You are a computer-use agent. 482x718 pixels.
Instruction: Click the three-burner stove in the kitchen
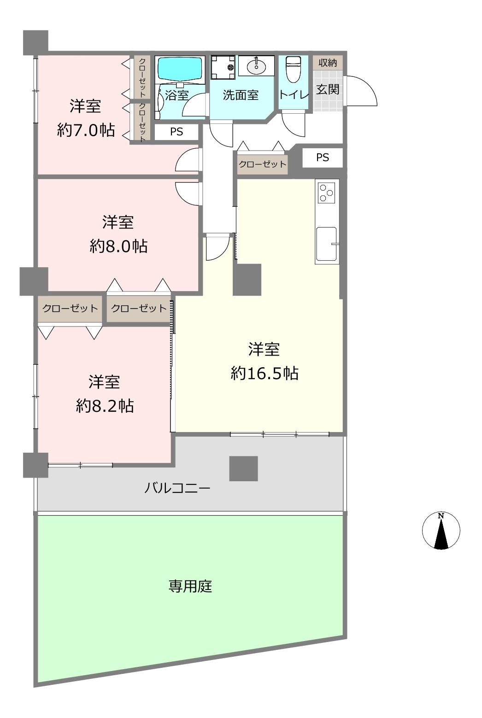pos(326,193)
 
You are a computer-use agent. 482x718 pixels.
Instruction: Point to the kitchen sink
pos(327,244)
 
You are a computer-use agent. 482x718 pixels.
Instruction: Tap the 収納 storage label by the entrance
pos(328,63)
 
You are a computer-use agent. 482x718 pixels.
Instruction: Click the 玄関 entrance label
pos(328,89)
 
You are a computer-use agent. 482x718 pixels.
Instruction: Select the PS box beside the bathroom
pos(176,132)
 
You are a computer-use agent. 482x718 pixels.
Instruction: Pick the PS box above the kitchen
pos(323,158)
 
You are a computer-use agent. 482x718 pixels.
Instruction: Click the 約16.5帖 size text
pos(265,373)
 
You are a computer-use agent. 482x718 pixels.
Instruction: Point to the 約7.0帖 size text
pos(86,130)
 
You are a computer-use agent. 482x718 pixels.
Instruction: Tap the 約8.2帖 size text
pos(105,406)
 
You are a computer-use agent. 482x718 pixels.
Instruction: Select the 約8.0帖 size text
pos(118,246)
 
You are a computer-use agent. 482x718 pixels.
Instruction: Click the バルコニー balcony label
pos(177,488)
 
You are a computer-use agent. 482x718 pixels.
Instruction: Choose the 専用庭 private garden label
pos(190,586)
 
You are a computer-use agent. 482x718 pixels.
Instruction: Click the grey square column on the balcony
pos(243,468)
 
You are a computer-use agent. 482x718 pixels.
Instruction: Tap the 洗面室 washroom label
pos(241,95)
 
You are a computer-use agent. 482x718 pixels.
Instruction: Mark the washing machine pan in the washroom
pos(223,67)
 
